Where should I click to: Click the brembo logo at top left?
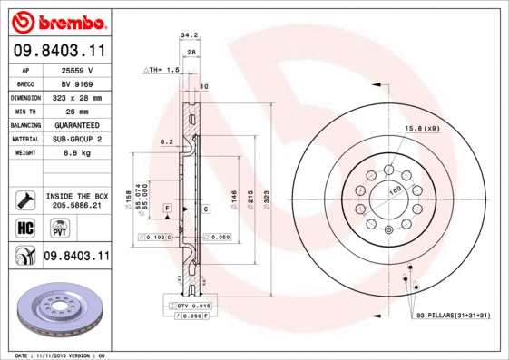(x=56, y=20)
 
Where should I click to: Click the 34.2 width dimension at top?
(x=189, y=36)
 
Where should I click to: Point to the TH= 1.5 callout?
(x=162, y=69)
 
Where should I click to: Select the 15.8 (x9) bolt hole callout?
(x=422, y=128)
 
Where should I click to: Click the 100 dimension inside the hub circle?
(x=395, y=190)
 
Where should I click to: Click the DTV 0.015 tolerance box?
(x=194, y=306)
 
